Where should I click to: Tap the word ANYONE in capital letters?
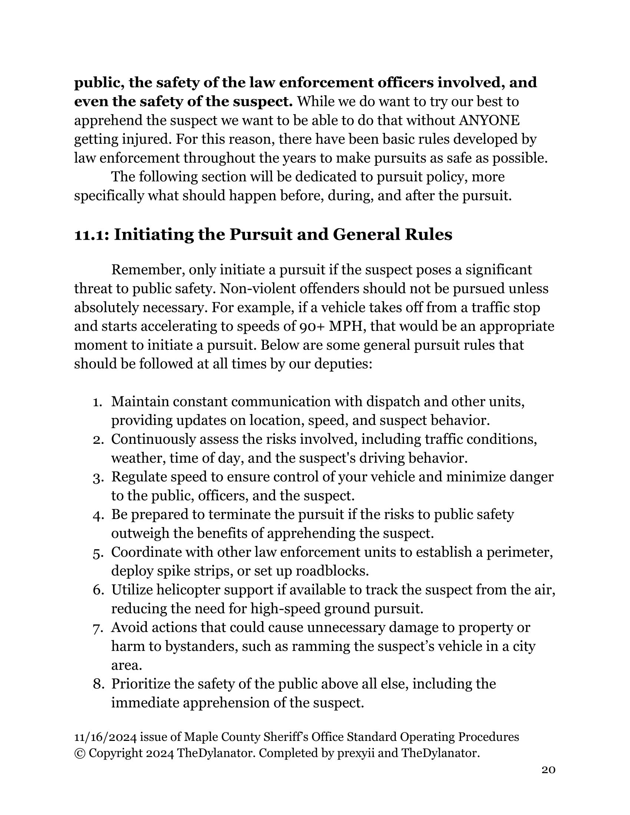489,120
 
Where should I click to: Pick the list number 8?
98,684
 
